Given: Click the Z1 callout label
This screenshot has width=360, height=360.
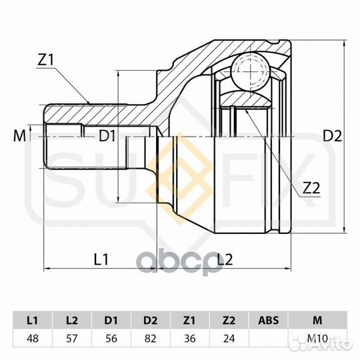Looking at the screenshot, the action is pos(45,60).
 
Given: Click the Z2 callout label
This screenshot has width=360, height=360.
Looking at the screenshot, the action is pos(311,188).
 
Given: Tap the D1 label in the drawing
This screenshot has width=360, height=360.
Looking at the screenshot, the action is pos(107,136).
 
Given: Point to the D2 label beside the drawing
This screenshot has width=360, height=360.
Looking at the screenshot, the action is pos(333,136).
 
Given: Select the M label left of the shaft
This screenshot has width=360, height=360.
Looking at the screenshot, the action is pos(19,136).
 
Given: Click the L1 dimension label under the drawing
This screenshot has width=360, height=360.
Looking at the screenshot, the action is pos(101,259).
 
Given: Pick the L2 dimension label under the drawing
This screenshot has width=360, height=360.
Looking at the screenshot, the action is pos(225,259).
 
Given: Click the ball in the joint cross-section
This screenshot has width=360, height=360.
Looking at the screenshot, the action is pos(249,70).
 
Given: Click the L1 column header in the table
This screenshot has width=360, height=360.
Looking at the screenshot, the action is pos(33,320).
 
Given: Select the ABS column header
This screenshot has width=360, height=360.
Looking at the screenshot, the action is pos(269,320).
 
